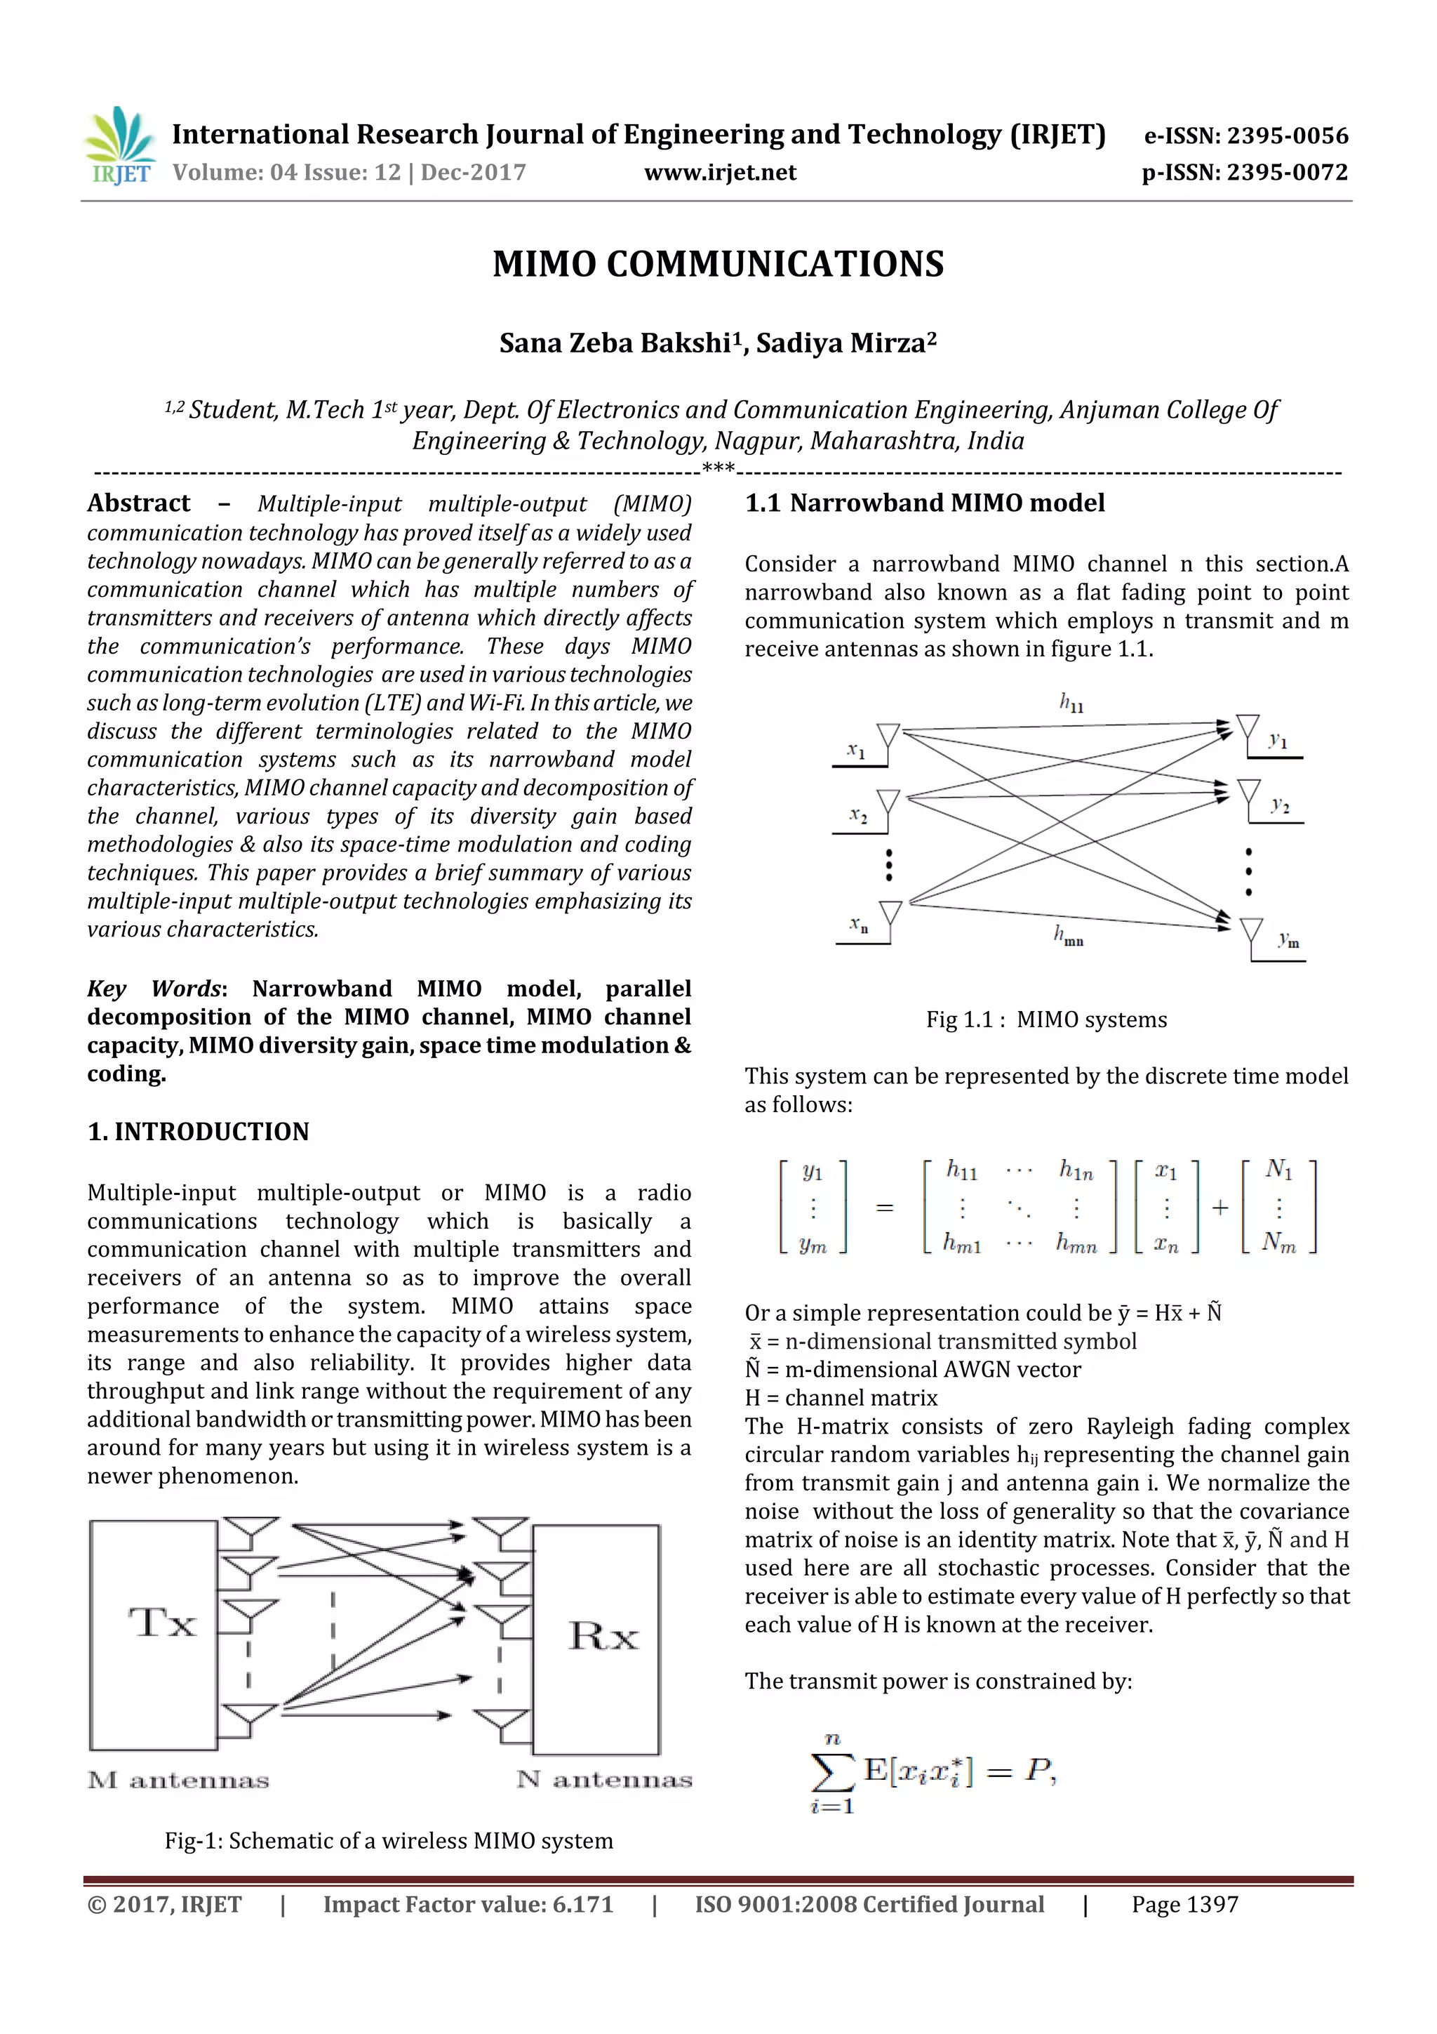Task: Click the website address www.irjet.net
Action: tap(720, 173)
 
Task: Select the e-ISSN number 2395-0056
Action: tap(1288, 136)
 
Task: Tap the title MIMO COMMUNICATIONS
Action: tap(718, 264)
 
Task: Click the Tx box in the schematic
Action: tap(154, 1635)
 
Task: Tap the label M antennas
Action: tap(178, 1780)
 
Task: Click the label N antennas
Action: tap(604, 1779)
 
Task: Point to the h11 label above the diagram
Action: tap(1071, 704)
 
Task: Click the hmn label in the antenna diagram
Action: tap(1068, 935)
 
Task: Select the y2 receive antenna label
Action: tap(1279, 805)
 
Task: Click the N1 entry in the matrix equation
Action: tap(1278, 1170)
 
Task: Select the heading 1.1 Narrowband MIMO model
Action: tap(924, 503)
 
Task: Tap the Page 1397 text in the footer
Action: tap(1184, 1904)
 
